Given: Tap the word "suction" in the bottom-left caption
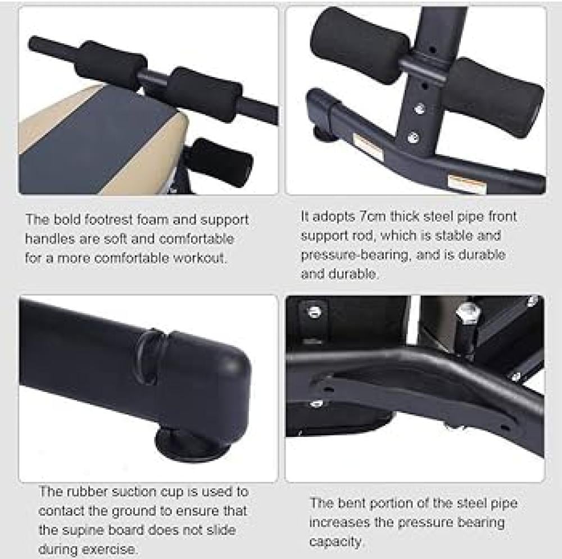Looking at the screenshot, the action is (133, 491).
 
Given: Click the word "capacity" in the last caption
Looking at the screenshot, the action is (335, 542).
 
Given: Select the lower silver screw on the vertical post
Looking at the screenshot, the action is (414, 137).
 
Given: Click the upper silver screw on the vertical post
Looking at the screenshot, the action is (419, 109).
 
